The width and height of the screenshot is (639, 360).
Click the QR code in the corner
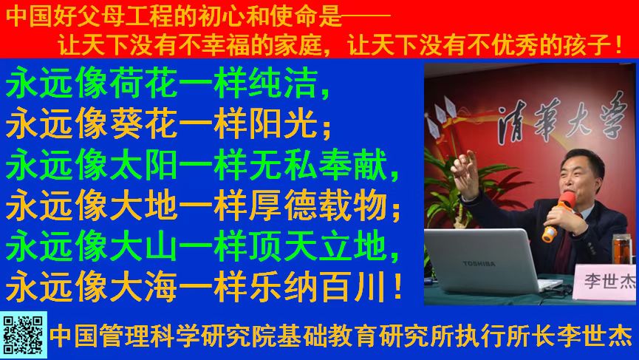[x=23, y=335]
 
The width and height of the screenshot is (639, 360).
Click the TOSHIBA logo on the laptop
[x=479, y=264]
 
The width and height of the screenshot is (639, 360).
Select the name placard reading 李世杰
[x=606, y=282]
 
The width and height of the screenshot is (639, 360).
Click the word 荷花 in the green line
[x=143, y=83]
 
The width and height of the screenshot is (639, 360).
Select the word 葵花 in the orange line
[x=143, y=123]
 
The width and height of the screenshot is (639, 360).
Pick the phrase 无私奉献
[x=318, y=164]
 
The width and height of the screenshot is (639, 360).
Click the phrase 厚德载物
[x=318, y=205]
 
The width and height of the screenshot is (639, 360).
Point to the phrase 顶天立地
[x=318, y=245]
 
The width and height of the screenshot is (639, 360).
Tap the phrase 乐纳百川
[x=318, y=286]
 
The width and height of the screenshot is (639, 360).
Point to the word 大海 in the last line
[x=143, y=286]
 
